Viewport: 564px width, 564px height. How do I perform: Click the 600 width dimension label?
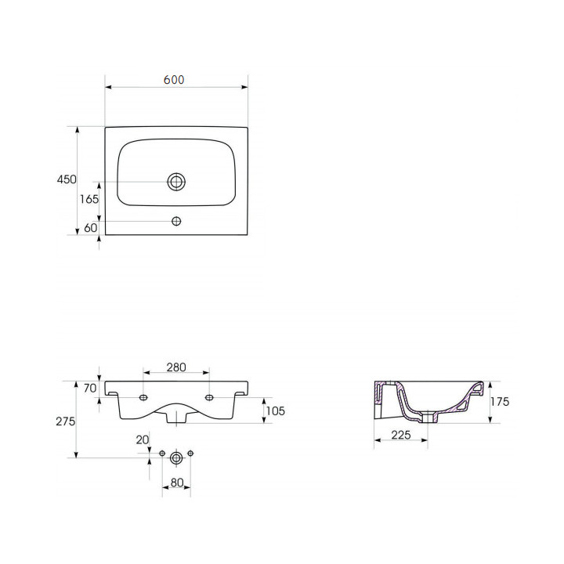tap(174, 79)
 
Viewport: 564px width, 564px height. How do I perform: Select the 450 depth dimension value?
tap(67, 179)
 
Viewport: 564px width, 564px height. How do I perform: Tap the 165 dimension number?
tap(89, 199)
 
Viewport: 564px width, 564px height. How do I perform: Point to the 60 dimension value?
tap(91, 228)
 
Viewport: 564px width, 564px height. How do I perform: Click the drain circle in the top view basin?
tap(176, 182)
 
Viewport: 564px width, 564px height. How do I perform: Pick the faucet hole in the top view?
tap(176, 221)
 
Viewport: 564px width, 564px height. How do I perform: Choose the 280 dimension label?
tap(176, 367)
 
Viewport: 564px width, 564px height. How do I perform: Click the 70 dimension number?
tap(90, 388)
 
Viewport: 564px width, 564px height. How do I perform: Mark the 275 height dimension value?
tap(66, 421)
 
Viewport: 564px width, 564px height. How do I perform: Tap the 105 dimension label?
tap(275, 410)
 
